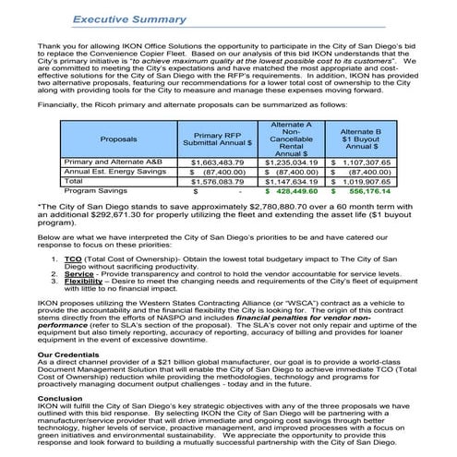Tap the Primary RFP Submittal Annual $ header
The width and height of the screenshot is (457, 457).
222,139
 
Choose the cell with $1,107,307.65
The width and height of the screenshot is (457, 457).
361,162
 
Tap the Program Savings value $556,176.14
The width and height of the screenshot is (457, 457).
361,192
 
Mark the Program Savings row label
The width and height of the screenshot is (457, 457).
94,192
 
